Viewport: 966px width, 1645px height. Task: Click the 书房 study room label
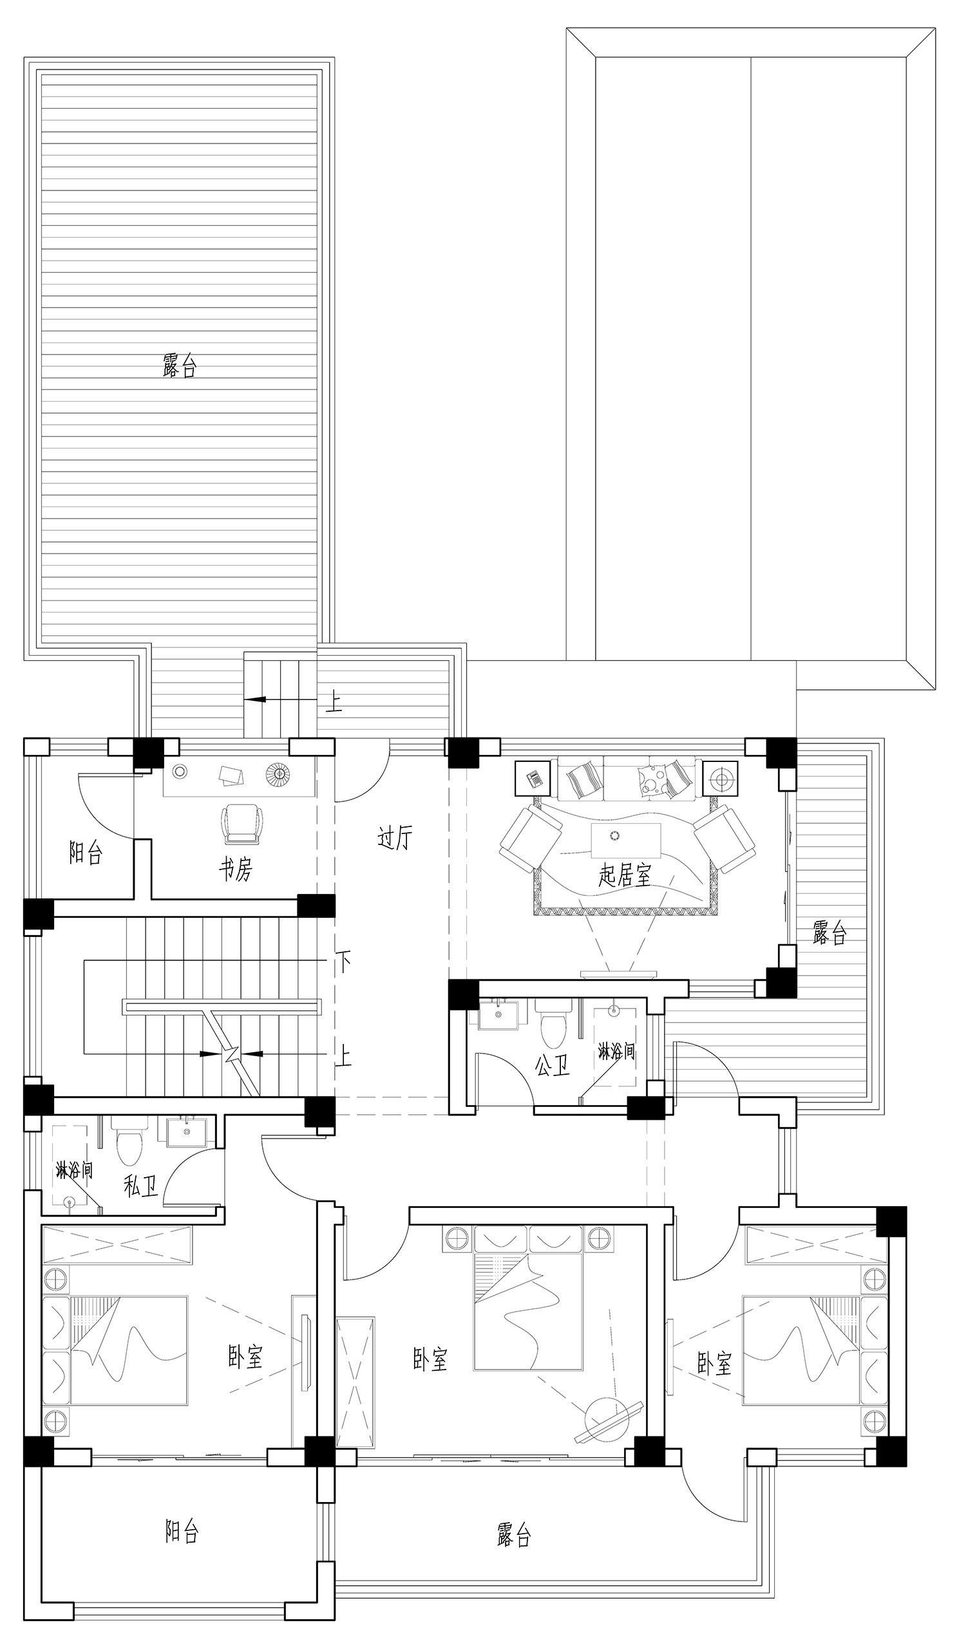click(x=235, y=869)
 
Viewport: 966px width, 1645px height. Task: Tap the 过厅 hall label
click(x=395, y=837)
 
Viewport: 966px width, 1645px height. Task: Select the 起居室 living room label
click(x=625, y=875)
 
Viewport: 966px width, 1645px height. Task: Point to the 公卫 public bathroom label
click(x=553, y=1066)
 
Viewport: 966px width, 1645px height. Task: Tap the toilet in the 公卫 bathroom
click(x=553, y=1022)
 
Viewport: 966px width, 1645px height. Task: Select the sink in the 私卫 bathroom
click(x=188, y=1132)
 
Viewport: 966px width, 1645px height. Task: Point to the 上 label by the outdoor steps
click(x=334, y=702)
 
